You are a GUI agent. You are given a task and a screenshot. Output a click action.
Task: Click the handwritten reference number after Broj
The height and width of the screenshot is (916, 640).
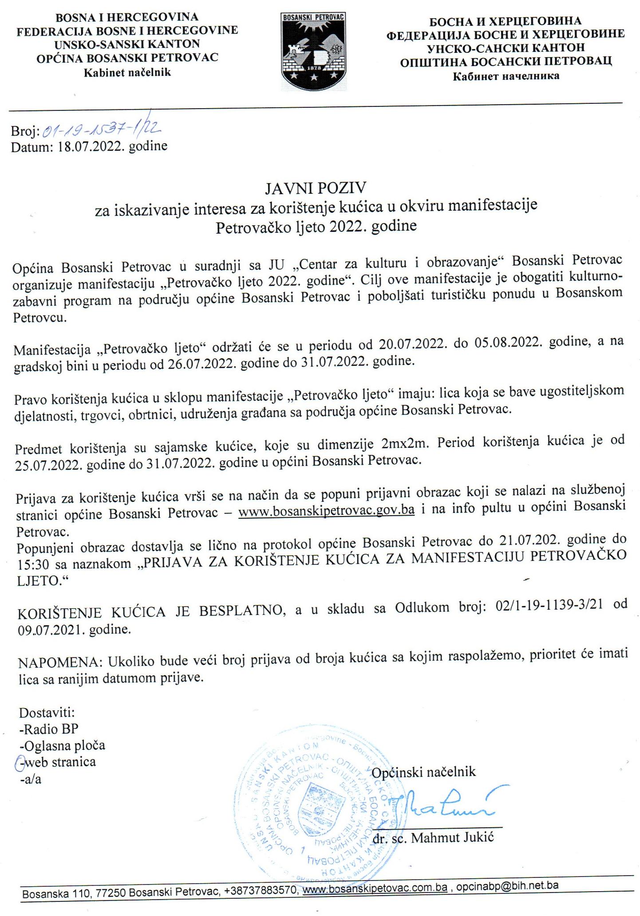[x=101, y=129]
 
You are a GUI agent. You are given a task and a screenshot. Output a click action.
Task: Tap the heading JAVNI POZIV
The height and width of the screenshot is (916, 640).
[x=315, y=188]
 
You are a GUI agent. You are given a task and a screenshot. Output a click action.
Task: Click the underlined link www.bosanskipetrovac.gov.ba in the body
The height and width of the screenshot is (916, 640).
[x=326, y=510]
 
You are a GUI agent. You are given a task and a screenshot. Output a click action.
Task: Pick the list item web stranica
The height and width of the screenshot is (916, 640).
[x=60, y=762]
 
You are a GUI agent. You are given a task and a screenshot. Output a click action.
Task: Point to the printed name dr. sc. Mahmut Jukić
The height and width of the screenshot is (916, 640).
[x=433, y=838]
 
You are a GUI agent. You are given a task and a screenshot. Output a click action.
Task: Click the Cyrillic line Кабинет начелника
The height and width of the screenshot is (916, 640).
[x=506, y=76]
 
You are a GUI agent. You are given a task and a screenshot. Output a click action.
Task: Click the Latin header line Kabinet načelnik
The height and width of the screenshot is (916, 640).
[x=127, y=72]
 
